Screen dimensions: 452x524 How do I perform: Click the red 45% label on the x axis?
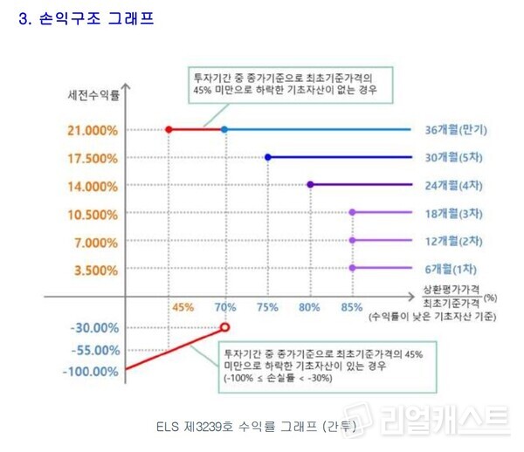pos(183,307)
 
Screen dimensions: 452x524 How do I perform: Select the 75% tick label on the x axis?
pos(267,307)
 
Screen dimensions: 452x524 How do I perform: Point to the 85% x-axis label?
pos(353,307)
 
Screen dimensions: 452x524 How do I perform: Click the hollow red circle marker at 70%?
pos(225,327)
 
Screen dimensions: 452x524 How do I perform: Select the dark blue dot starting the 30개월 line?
pos(267,158)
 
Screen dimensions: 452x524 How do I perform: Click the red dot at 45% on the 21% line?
pos(169,130)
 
